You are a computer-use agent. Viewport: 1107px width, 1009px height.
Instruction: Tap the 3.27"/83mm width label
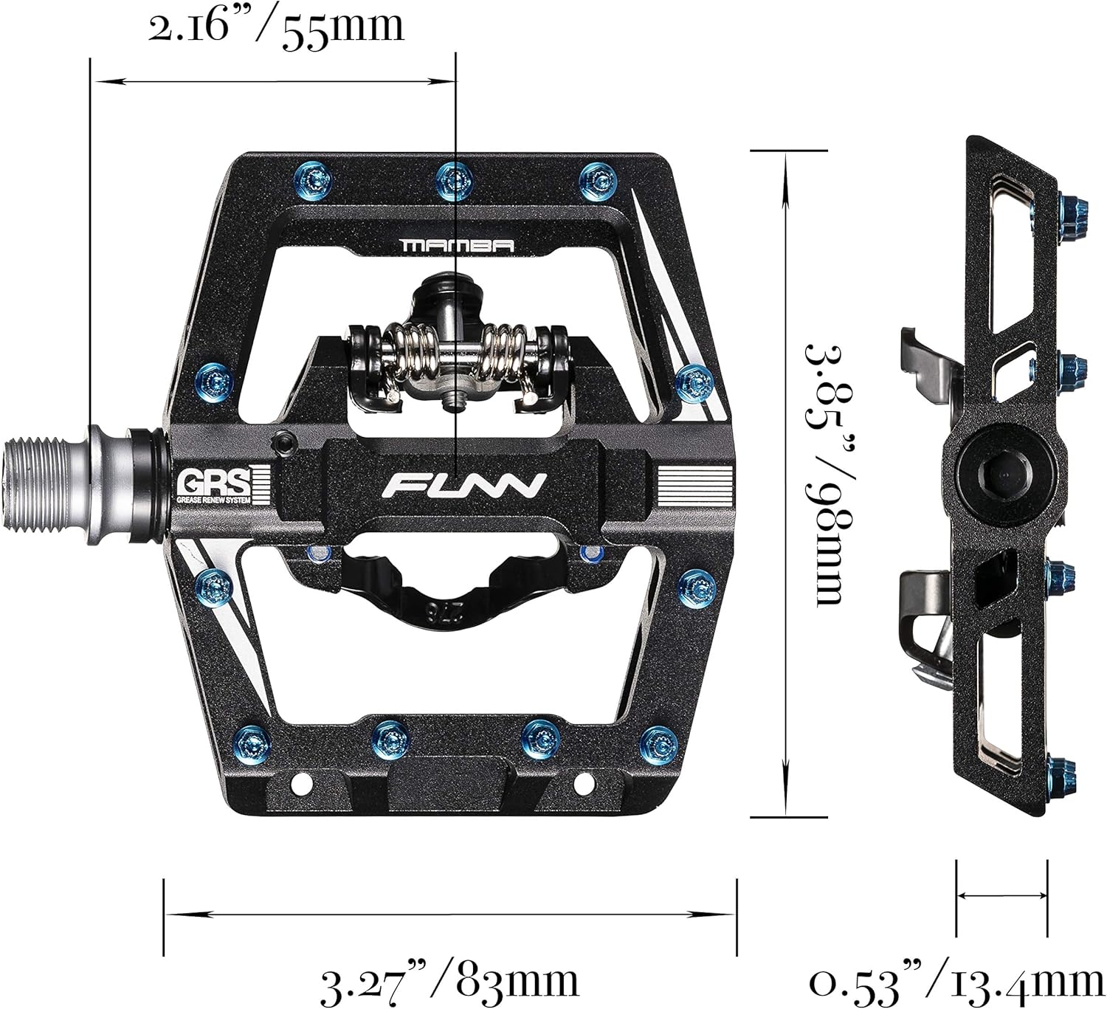(449, 980)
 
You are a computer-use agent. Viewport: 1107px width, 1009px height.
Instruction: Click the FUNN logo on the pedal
(466, 486)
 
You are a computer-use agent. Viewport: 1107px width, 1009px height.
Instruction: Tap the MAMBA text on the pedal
(456, 246)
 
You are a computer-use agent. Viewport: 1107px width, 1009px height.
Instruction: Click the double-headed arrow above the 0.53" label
(1001, 895)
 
